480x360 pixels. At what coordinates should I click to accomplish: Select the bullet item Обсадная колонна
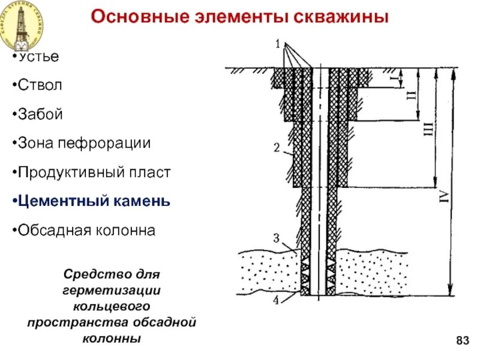coord(86,230)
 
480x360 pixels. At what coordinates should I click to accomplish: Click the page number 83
coord(462,341)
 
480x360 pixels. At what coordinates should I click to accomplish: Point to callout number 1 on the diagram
coord(278,43)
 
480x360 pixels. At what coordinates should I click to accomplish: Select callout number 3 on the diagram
coord(277,239)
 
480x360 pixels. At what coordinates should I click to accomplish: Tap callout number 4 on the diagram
coord(277,299)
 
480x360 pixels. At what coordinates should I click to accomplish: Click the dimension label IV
coord(445,196)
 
